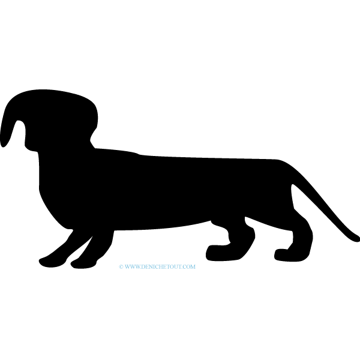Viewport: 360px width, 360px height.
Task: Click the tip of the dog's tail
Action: click(358, 239)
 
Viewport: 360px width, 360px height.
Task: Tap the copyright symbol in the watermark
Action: click(121, 266)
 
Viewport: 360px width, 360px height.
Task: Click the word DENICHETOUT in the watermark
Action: click(162, 266)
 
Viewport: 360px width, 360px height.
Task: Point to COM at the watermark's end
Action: click(190, 266)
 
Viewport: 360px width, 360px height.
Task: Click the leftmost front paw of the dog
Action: click(52, 262)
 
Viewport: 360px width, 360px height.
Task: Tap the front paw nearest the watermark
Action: click(83, 264)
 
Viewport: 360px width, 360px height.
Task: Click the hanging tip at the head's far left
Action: click(3, 144)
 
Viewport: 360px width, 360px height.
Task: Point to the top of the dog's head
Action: click(46, 91)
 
